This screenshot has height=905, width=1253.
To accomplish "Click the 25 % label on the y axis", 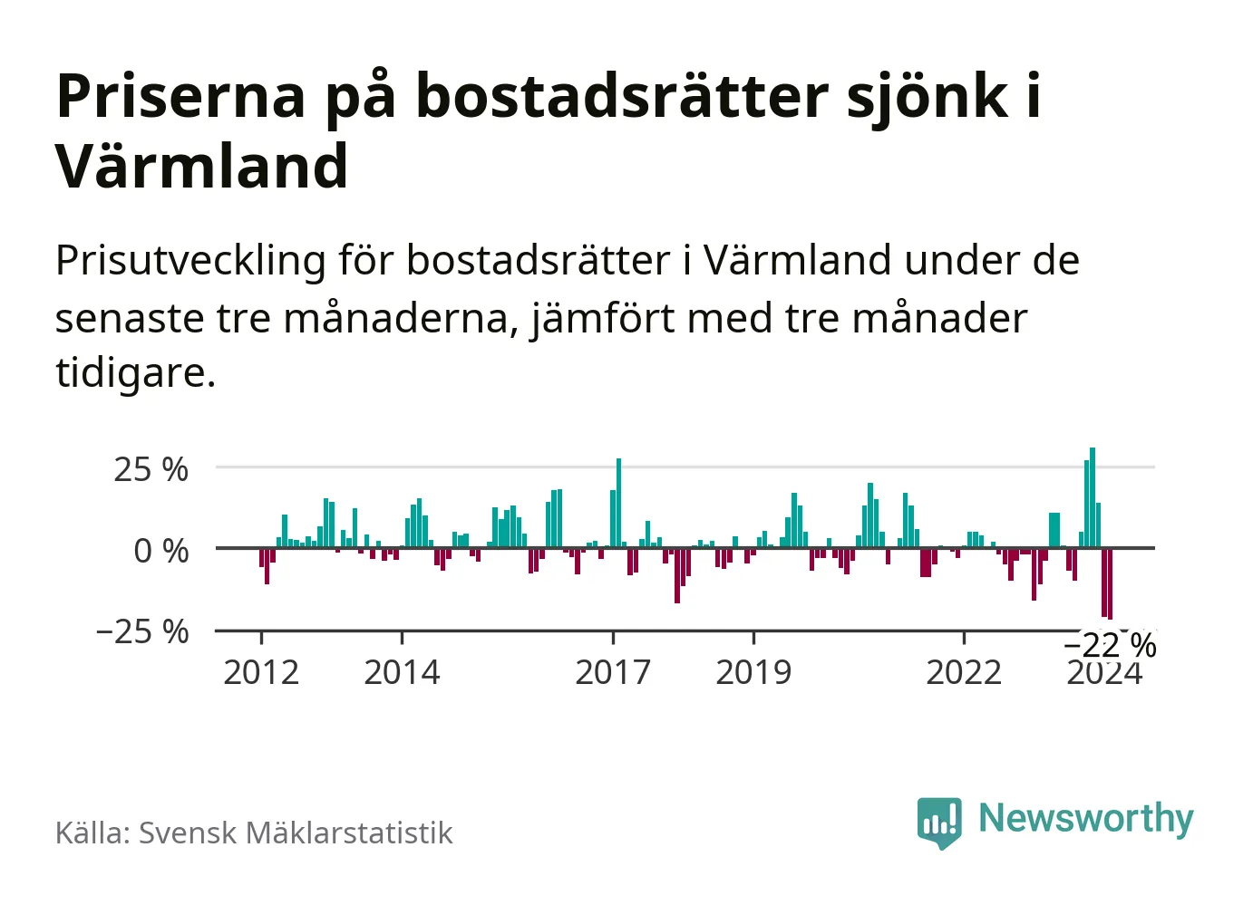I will pyautogui.click(x=151, y=469).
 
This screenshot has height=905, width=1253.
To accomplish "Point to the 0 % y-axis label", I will pyautogui.click(x=160, y=551).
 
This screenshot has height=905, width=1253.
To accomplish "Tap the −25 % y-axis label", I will pyautogui.click(x=142, y=631).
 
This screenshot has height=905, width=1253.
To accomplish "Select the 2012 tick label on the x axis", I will pyautogui.click(x=261, y=672).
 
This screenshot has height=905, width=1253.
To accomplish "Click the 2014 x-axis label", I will pyautogui.click(x=402, y=672).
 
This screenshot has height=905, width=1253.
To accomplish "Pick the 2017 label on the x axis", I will pyautogui.click(x=613, y=672).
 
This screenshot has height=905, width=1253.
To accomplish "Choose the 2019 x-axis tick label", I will pyautogui.click(x=753, y=672).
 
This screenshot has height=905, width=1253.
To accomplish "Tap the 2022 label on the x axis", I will pyautogui.click(x=964, y=672).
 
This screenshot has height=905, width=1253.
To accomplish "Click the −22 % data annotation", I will pyautogui.click(x=1110, y=645).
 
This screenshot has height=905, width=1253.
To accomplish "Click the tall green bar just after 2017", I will pyautogui.click(x=619, y=503).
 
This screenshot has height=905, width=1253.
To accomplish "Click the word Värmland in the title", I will pyautogui.click(x=202, y=167).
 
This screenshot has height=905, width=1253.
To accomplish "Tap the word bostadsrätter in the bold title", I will pyautogui.click(x=623, y=96).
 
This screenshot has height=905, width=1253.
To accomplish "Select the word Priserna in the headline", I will pyautogui.click(x=181, y=96).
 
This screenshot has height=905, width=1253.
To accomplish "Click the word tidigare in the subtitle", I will pyautogui.click(x=134, y=372).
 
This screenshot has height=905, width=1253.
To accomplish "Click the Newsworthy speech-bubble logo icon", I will pyautogui.click(x=939, y=822).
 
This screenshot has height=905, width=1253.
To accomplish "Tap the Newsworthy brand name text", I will pyautogui.click(x=1085, y=818).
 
